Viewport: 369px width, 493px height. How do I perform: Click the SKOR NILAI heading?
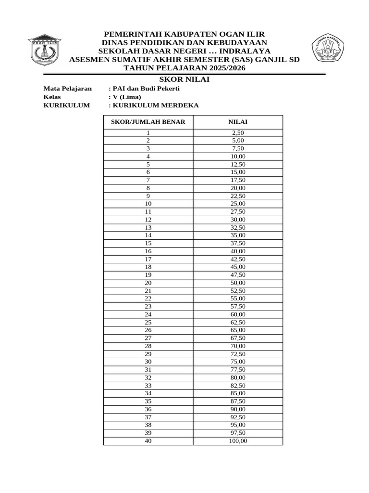pos(184,79)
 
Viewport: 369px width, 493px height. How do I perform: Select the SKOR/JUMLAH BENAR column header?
pos(148,122)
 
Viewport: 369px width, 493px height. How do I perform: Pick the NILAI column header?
pos(238,122)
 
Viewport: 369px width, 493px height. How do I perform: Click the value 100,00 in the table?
pos(238,441)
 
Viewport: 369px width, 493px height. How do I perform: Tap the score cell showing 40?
pos(148,441)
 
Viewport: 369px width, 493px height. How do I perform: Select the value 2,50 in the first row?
pos(238,133)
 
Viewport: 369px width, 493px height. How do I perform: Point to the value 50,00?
pos(238,283)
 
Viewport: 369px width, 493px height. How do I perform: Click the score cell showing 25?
pos(148,323)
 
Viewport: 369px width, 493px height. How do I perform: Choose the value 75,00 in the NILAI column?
pos(238,362)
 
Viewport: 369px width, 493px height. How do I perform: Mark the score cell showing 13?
pos(148,227)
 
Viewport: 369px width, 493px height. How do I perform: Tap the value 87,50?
pos(238,402)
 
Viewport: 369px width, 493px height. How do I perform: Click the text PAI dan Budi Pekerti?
pos(146,89)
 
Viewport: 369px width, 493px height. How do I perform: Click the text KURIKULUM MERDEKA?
pos(155,105)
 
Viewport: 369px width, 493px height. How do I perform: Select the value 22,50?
pos(238,196)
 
